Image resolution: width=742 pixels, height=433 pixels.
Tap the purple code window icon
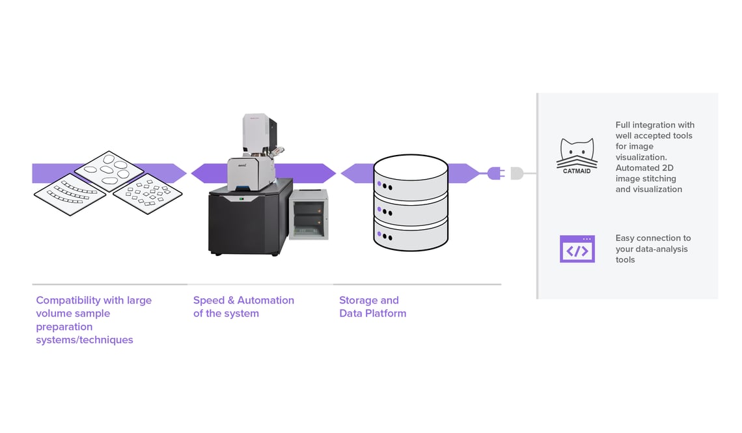tap(577, 249)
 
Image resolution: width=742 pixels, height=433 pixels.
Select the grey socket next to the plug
tap(517, 173)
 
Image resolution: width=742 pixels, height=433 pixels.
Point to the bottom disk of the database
tap(410, 235)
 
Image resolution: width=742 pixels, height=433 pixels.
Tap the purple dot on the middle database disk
tap(378, 210)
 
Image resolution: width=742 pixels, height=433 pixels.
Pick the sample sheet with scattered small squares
tap(148, 193)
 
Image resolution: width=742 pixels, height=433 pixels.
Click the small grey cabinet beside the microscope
tap(308, 215)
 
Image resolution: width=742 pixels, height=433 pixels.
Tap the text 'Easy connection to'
tap(653, 238)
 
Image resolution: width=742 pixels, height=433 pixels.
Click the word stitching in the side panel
tap(657, 178)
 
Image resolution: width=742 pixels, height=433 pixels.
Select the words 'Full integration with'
tap(655, 125)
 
